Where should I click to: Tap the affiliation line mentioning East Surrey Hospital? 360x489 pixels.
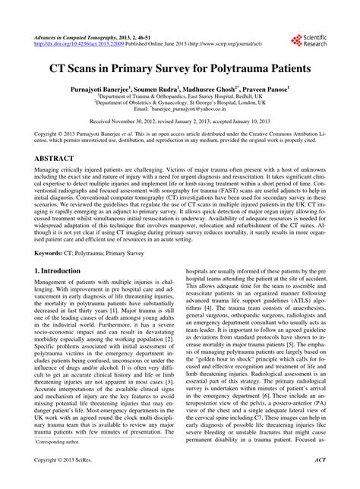click(179, 96)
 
